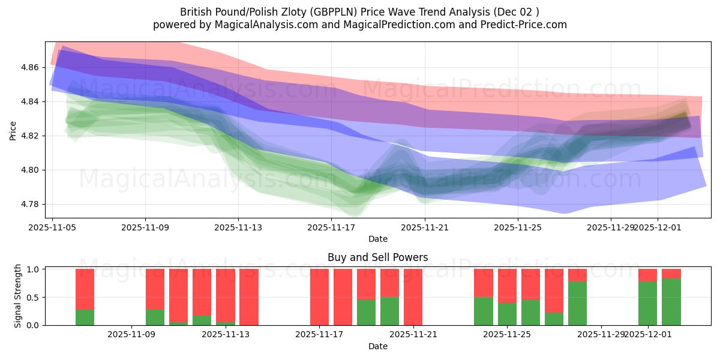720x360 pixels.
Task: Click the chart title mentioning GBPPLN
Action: tap(359, 11)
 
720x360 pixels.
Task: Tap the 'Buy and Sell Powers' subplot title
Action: tap(377, 257)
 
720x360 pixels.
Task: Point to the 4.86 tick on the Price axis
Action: tap(31, 68)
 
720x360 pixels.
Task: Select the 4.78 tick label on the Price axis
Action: tap(31, 205)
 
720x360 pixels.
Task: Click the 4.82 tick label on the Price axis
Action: tap(31, 136)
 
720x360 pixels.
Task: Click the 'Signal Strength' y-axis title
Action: tap(18, 296)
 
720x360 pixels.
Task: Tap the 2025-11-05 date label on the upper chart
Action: tap(52, 228)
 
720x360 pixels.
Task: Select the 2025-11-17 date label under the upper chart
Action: tap(331, 228)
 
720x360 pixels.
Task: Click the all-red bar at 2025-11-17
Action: tap(319, 297)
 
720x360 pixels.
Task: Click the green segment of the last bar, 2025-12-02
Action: tap(671, 302)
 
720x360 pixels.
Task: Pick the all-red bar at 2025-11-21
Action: tap(413, 297)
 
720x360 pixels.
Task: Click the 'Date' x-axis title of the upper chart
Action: tap(377, 239)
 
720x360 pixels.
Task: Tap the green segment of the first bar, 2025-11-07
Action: tap(85, 317)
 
